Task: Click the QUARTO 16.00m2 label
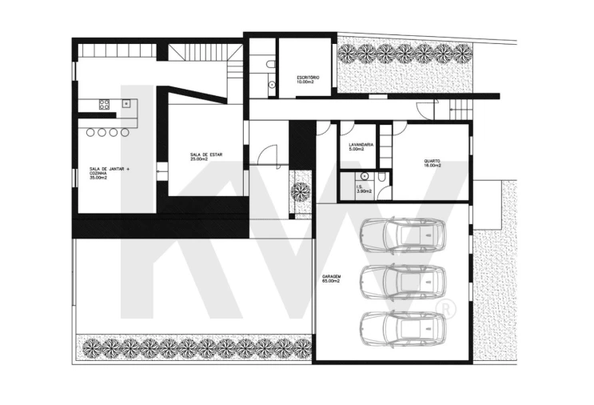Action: click(x=433, y=163)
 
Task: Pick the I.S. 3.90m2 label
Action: click(x=364, y=189)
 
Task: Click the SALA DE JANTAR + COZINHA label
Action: click(x=109, y=173)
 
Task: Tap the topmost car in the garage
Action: click(x=403, y=235)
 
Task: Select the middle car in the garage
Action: click(x=403, y=282)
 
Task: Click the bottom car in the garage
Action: click(x=403, y=328)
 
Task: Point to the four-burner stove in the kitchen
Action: click(x=104, y=104)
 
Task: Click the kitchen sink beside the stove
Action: click(x=126, y=102)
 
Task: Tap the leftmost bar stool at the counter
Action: click(x=90, y=132)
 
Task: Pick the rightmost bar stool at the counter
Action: click(x=125, y=132)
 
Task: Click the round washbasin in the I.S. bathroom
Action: click(x=364, y=176)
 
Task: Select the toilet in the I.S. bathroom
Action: click(x=381, y=177)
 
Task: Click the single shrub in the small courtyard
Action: click(x=301, y=192)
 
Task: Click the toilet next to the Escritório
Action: click(x=270, y=64)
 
